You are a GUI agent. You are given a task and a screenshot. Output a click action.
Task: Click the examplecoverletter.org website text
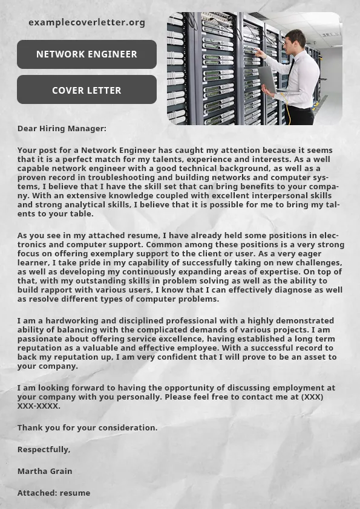[x=87, y=22]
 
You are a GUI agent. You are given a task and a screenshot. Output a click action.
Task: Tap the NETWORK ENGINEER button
[x=87, y=54]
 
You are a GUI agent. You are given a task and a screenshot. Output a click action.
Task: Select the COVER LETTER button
[x=87, y=91]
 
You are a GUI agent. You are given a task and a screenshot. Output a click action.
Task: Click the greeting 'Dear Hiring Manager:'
[x=62, y=128]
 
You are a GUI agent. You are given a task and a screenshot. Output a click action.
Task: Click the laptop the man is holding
[x=267, y=79]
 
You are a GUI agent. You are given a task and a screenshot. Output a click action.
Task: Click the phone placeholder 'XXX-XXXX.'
[x=39, y=406]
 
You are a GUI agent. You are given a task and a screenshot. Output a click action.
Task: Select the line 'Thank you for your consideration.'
[x=87, y=427]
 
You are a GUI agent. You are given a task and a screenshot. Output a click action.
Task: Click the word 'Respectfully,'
[x=44, y=449]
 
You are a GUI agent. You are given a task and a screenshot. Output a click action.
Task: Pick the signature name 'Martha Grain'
[x=45, y=471]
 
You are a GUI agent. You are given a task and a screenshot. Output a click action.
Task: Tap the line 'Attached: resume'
[x=54, y=493]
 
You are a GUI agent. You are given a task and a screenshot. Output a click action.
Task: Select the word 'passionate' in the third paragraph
[x=39, y=339]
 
